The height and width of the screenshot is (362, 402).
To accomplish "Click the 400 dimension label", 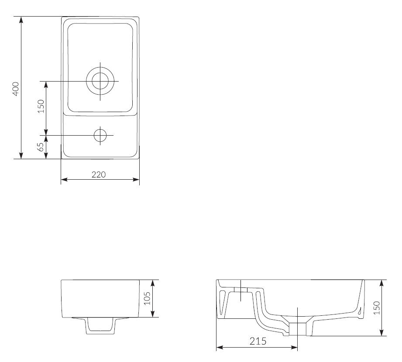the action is (x=16, y=89).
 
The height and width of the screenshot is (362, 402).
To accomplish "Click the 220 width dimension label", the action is (x=99, y=174).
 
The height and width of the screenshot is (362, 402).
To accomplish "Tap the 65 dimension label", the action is (x=41, y=147).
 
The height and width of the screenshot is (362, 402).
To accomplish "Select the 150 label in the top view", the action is (x=41, y=106).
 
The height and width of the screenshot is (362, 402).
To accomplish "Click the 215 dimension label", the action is (x=258, y=341).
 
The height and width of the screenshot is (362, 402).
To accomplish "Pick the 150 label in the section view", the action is (x=377, y=307).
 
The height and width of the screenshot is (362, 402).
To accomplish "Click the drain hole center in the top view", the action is (x=100, y=81).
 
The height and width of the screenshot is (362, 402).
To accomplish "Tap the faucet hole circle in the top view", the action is (x=100, y=135).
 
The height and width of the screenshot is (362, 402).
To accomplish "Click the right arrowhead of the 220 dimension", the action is (x=137, y=180).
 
